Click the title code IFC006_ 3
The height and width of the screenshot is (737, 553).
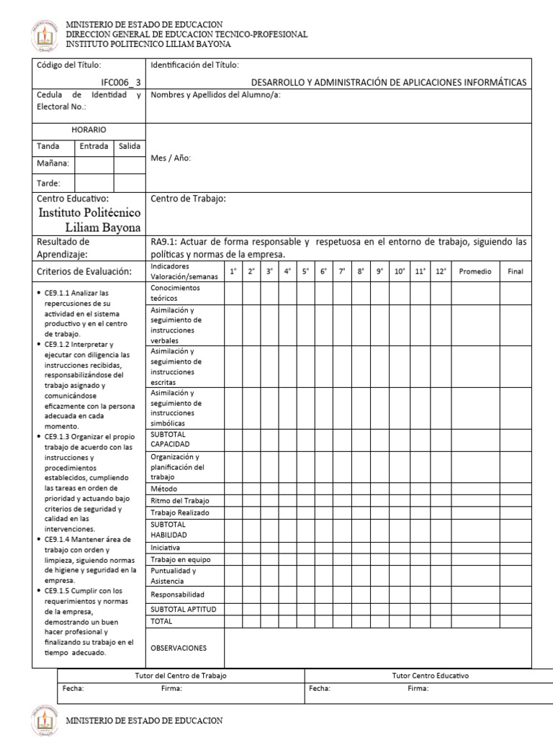tap(121, 83)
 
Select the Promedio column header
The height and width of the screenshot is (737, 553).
tap(475, 271)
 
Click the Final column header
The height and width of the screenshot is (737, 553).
tap(515, 271)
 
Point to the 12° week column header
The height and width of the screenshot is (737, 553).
tap(441, 271)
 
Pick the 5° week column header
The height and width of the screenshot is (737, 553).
tap(305, 271)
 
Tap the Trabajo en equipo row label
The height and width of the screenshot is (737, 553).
tap(180, 559)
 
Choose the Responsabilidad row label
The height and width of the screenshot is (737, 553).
tap(177, 594)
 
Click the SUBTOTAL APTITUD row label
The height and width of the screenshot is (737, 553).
tap(183, 609)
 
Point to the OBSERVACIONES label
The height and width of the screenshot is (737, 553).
tap(178, 648)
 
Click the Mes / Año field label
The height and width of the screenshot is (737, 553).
tap(171, 158)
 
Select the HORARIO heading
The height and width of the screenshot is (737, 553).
tap(89, 130)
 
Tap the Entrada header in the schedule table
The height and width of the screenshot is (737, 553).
tap(94, 146)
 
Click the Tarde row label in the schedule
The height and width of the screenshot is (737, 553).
tap(49, 184)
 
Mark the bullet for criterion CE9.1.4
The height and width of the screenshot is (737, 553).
tap(38, 539)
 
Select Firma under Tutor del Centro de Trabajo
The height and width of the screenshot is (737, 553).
tap(171, 689)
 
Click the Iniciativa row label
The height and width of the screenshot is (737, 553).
tap(166, 547)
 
